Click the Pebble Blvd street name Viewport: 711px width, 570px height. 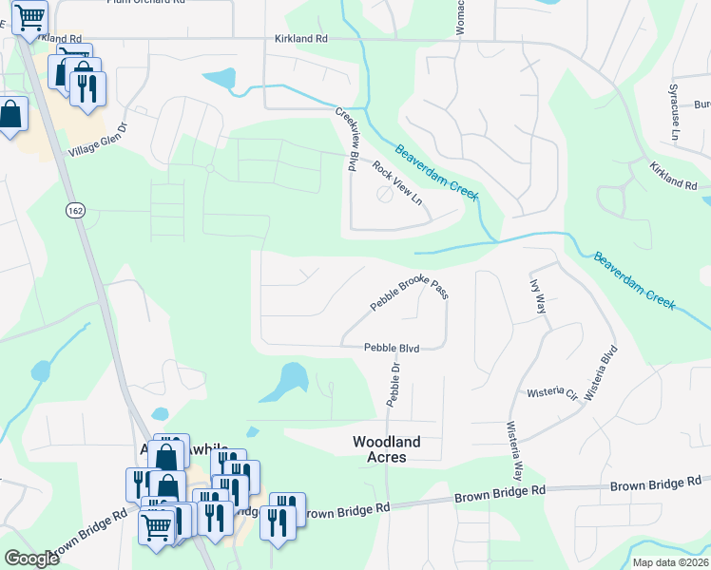tap(392, 348)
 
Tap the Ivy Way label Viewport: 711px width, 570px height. tap(537, 296)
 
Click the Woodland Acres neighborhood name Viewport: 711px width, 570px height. tap(394, 449)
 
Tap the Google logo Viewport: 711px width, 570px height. tap(31, 559)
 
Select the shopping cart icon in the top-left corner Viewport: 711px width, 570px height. tap(30, 16)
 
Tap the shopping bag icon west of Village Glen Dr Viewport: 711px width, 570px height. tap(10, 115)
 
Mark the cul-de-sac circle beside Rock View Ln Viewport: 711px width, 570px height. tap(384, 194)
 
